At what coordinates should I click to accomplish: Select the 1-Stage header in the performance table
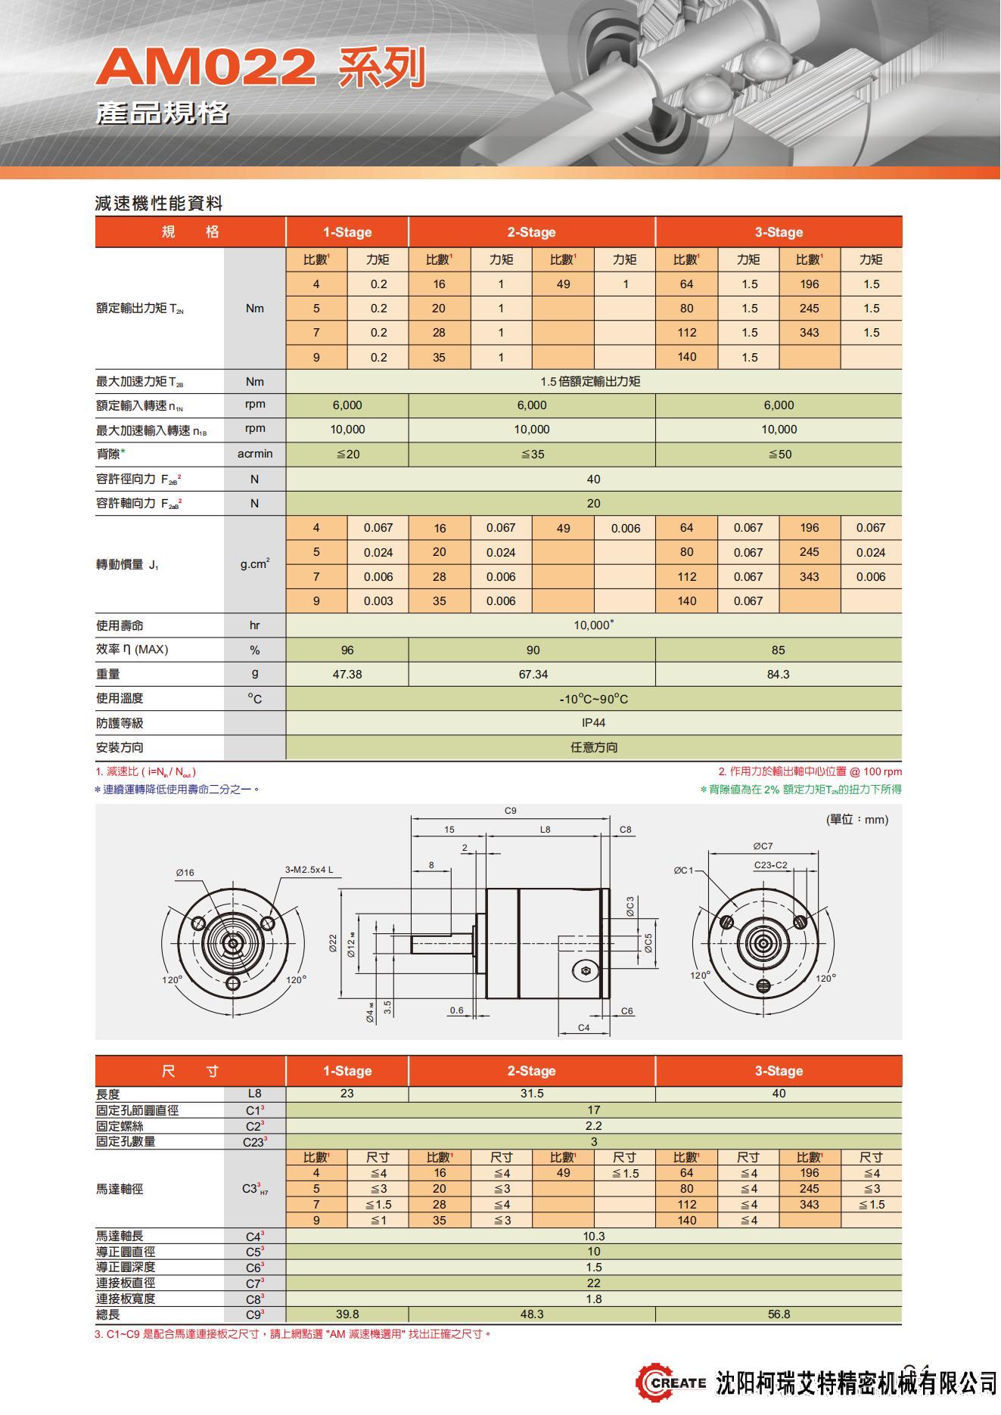(x=347, y=232)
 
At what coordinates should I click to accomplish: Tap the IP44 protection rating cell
(x=593, y=723)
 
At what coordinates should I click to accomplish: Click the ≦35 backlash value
(x=532, y=455)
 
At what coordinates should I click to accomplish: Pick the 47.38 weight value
(x=347, y=674)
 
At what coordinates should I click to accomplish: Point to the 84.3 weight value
(x=778, y=674)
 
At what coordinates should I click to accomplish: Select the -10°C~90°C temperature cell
(x=593, y=699)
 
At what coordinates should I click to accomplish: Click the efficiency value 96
(x=347, y=650)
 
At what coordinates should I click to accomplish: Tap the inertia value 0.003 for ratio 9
(x=378, y=601)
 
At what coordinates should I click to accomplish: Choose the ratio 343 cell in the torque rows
(x=809, y=333)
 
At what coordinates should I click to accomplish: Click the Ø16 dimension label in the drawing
(x=185, y=872)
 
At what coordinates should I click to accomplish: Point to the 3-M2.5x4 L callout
(x=309, y=870)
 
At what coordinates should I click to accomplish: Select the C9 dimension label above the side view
(x=511, y=811)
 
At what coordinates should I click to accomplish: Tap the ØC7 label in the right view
(x=763, y=846)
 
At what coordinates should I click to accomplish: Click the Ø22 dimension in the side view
(x=333, y=943)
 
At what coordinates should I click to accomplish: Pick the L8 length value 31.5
(x=532, y=1094)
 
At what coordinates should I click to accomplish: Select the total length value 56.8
(x=779, y=1314)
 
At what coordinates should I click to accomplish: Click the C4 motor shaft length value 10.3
(x=593, y=1236)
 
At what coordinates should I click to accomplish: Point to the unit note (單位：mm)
(x=856, y=819)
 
